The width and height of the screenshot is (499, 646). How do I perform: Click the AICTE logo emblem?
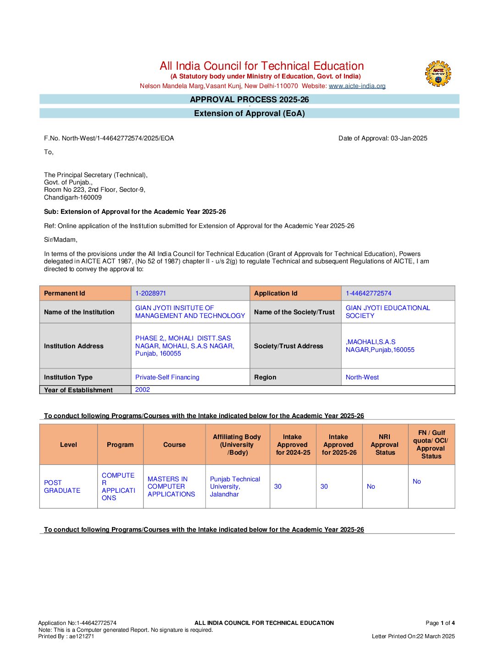pyautogui.click(x=438, y=74)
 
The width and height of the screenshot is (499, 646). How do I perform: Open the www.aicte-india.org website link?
pyautogui.click(x=357, y=86)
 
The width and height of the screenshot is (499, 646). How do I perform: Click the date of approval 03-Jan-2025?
pyautogui.click(x=409, y=138)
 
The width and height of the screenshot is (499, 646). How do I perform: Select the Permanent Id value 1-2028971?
pyautogui.click(x=150, y=293)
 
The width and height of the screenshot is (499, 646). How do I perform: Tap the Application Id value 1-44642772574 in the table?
pyautogui.click(x=368, y=293)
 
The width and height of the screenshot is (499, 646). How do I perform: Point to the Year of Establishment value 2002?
pyautogui.click(x=143, y=390)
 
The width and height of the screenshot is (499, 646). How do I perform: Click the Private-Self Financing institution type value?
pyautogui.click(x=167, y=377)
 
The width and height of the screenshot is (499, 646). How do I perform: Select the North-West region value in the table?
pyautogui.click(x=362, y=377)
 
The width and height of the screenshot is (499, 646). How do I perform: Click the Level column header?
pyautogui.click(x=68, y=445)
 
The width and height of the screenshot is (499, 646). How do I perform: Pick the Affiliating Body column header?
pyautogui.click(x=237, y=445)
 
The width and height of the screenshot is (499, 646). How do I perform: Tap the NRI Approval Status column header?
pyautogui.click(x=385, y=445)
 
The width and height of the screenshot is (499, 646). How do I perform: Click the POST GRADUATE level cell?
pyautogui.click(x=62, y=486)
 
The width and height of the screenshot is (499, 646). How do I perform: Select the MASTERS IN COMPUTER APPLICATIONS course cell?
pyautogui.click(x=171, y=486)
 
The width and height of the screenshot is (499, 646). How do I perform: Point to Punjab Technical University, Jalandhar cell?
pyautogui.click(x=235, y=486)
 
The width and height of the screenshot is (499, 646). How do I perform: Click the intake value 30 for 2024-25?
pyautogui.click(x=278, y=486)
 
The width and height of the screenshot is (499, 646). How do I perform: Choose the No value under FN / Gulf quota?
pyautogui.click(x=416, y=481)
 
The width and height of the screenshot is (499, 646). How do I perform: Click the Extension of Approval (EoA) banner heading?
pyautogui.click(x=249, y=113)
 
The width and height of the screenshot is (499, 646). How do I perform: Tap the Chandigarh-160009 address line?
pyautogui.click(x=73, y=197)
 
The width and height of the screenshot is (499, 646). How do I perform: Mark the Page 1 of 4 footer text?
pyautogui.click(x=440, y=623)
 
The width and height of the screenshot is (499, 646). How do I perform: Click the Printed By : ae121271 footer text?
pyautogui.click(x=66, y=636)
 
